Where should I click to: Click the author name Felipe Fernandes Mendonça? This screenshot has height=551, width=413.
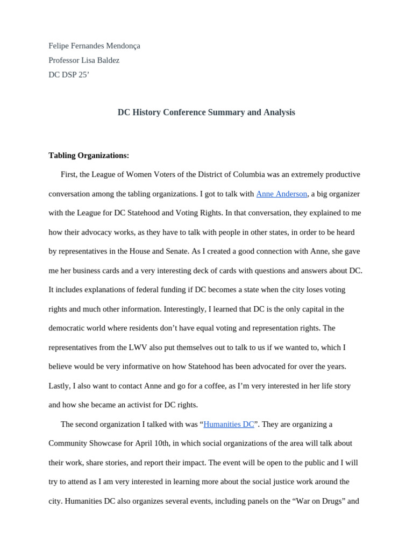click(x=94, y=46)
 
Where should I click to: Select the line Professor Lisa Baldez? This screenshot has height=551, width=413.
click(x=84, y=60)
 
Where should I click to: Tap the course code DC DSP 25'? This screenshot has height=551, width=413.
click(x=69, y=75)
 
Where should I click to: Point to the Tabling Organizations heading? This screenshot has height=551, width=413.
click(x=89, y=156)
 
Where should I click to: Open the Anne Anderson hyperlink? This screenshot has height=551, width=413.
click(x=281, y=194)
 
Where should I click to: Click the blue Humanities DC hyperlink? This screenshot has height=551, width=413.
click(x=229, y=424)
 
